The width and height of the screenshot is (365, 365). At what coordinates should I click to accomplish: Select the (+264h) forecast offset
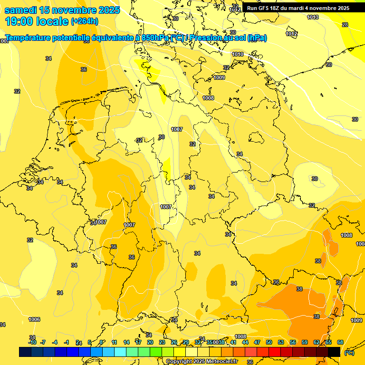pos(85,21)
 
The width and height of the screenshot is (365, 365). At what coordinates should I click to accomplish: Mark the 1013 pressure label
pos(313,18)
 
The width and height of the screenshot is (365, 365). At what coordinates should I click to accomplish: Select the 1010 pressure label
pos(238,55)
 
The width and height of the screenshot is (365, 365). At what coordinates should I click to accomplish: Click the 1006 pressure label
pos(34,319)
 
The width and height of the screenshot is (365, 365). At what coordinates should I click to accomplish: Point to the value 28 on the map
pos(345,25)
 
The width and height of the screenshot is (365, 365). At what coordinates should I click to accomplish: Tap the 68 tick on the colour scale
pos(340,342)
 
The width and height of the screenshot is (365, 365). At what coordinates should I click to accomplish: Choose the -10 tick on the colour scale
pos(32,342)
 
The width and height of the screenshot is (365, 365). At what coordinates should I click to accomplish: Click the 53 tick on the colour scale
pos(281,342)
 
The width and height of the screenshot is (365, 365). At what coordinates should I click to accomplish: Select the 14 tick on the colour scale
pos(126,342)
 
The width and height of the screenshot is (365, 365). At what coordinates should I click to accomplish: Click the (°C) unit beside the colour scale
pos(349,353)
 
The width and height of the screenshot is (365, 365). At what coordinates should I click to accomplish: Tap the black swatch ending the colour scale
pos(334,352)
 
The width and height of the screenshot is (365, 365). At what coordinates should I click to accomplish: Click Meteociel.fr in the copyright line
pos(221,362)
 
